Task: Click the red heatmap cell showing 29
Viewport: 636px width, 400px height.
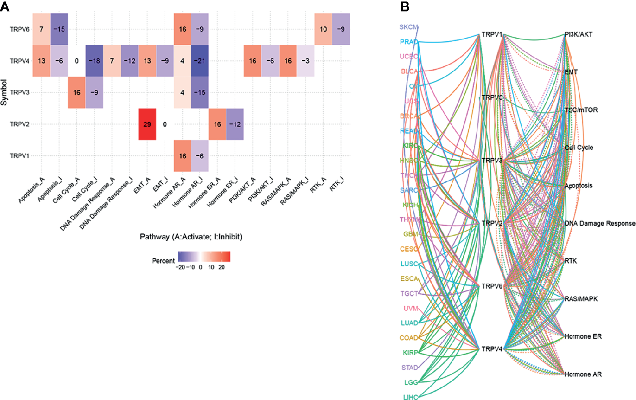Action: tap(147, 124)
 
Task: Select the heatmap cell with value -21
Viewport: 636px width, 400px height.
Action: tap(199, 61)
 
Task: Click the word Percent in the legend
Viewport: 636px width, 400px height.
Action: tap(163, 260)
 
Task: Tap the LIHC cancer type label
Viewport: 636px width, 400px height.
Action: tap(410, 397)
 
